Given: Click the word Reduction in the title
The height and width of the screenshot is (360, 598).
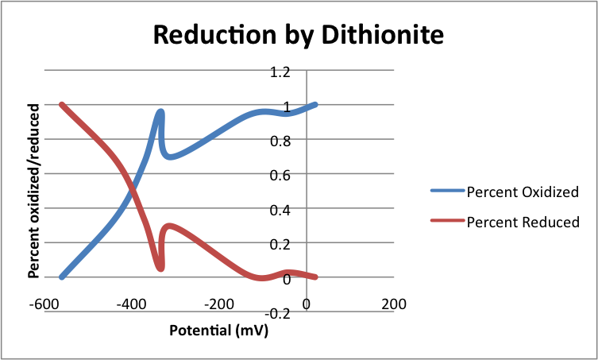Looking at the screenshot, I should (201, 35).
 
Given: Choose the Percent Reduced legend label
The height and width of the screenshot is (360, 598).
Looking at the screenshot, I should (523, 222).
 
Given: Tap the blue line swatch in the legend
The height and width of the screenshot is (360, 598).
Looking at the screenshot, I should (447, 192).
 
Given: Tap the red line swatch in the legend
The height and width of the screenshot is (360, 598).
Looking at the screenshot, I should (447, 222).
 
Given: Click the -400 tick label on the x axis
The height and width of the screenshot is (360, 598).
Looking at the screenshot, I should (132, 304).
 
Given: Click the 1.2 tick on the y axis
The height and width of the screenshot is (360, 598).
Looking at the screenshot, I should (281, 72).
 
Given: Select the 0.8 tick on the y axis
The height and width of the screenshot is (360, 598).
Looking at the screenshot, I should (281, 141).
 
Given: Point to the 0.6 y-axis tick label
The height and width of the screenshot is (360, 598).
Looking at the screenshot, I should (281, 176).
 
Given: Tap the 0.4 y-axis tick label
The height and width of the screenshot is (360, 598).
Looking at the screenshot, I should (281, 210).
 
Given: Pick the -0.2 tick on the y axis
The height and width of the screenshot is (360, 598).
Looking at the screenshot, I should (279, 312).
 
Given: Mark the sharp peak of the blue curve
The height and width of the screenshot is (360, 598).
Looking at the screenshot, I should (160, 113).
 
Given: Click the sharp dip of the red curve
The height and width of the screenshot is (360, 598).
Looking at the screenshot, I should (160, 269).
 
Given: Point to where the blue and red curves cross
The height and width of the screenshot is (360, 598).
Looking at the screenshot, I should (132, 192).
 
